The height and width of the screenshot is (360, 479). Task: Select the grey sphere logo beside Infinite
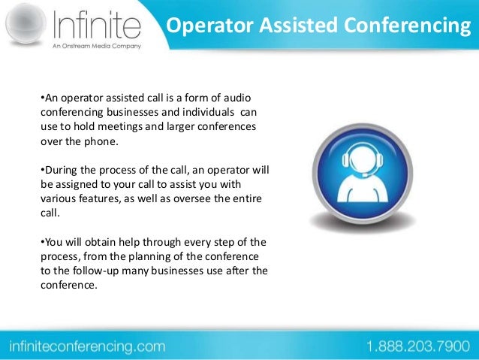(23, 27)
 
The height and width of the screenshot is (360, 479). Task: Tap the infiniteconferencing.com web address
(86, 346)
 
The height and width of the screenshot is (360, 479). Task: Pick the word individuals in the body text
(203, 112)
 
